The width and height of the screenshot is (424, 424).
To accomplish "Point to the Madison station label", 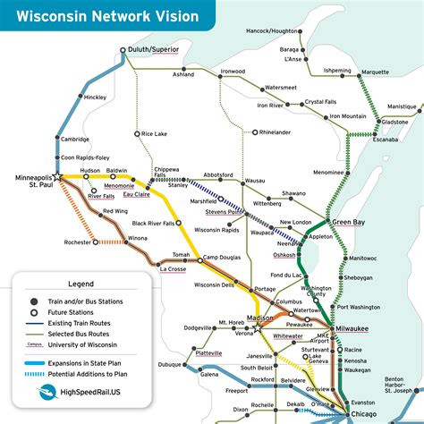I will (x=259, y=318).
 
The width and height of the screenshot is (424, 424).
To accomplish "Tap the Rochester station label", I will (x=77, y=242).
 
